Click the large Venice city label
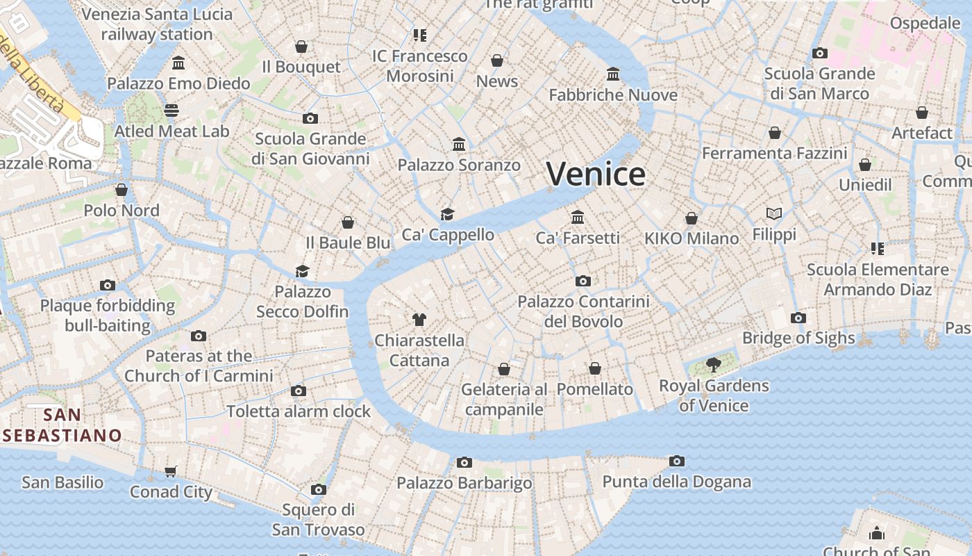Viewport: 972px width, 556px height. tap(596, 174)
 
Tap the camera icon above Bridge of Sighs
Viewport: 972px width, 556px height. tap(798, 318)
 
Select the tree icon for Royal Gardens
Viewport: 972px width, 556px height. tap(713, 364)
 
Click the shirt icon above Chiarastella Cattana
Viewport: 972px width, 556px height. tap(419, 320)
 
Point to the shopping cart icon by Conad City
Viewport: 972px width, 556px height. tap(171, 471)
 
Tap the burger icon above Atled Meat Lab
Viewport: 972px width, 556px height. tap(171, 111)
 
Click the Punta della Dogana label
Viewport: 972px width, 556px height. tap(676, 482)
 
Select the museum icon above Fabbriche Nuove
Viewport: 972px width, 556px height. tap(613, 74)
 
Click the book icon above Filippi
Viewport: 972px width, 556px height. tap(774, 213)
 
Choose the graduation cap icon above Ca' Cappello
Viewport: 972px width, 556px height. tap(447, 214)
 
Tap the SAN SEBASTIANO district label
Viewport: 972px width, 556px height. tap(62, 425)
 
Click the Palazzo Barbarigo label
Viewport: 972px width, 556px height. tap(464, 483)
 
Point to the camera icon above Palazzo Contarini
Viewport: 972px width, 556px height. tap(583, 281)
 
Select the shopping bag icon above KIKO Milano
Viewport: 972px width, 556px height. tap(691, 218)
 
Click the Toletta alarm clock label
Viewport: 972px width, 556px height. tap(299, 411)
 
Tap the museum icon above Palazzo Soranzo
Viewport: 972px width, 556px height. tap(459, 145)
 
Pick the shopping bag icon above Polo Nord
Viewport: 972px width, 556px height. tap(121, 190)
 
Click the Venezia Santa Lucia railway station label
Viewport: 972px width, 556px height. tap(156, 24)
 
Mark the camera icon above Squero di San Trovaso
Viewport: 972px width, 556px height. tap(318, 489)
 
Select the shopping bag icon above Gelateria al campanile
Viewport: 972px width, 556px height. tap(504, 369)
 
